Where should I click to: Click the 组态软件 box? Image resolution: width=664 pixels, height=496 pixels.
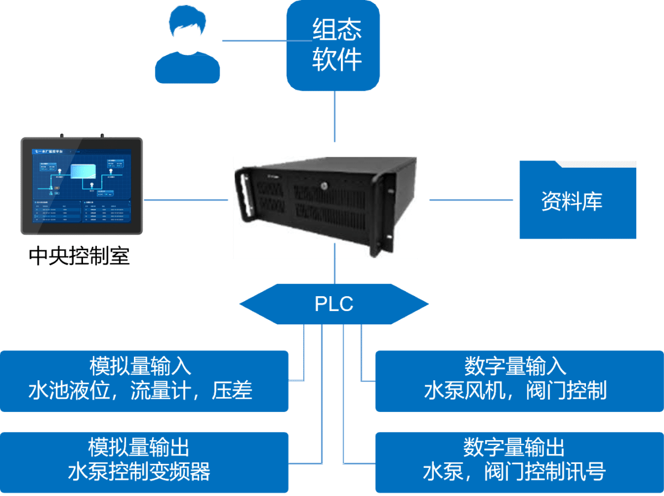(334, 45)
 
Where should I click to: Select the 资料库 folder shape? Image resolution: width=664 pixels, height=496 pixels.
(577, 200)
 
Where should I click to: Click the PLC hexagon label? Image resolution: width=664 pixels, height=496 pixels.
(334, 304)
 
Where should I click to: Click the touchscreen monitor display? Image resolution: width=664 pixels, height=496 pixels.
(82, 186)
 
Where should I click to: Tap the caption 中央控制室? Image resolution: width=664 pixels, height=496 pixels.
(79, 256)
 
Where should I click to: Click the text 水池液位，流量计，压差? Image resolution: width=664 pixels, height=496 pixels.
(140, 391)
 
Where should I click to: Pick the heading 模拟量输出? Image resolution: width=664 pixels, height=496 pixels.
(140, 447)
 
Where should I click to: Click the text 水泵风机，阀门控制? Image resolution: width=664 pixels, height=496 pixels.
(515, 391)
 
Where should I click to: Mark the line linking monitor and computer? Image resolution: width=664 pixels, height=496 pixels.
(185, 200)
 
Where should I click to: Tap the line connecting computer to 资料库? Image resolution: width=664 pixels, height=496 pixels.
(470, 200)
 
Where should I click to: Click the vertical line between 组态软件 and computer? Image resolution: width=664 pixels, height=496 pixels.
(335, 116)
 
